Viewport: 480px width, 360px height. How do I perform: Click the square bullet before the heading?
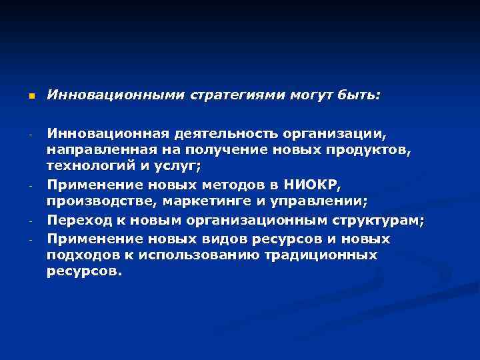coord(31,97)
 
